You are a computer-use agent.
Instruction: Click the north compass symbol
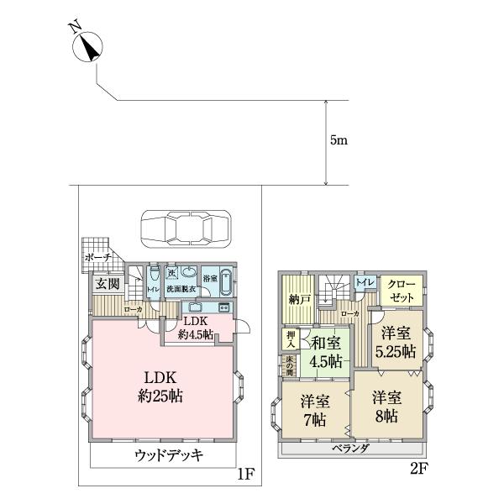[x=89, y=46]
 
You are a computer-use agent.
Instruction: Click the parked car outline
[x=185, y=227]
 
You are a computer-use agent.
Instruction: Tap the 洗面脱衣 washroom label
[x=181, y=289]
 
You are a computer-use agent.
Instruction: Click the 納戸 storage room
[x=296, y=298]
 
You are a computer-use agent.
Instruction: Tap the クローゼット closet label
[x=401, y=292]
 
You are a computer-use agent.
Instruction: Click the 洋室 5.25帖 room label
[x=396, y=343]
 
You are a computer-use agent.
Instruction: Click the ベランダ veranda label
[x=351, y=448]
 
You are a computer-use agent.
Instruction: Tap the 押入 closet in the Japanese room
[x=289, y=339]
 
